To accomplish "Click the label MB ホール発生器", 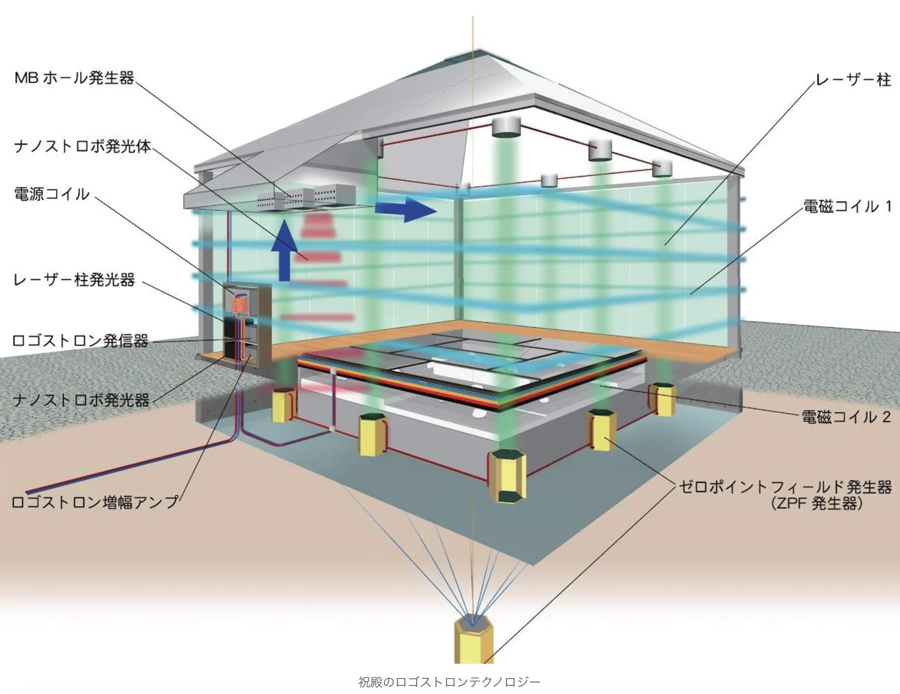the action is point(75,78).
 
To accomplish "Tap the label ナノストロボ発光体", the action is point(82,146).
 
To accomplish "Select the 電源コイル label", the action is point(52,194).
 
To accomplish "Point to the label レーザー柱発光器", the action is point(74,280).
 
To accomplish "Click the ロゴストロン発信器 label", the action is point(80,340).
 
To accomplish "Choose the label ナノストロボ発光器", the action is point(81,400).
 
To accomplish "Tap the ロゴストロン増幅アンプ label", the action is point(95,502).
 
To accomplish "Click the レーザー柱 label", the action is point(853,80).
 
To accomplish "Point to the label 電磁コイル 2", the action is point(846,417).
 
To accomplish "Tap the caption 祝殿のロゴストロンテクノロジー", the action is point(450,682).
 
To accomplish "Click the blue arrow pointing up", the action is point(285,250).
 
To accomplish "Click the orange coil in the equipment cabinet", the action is point(240,300).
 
